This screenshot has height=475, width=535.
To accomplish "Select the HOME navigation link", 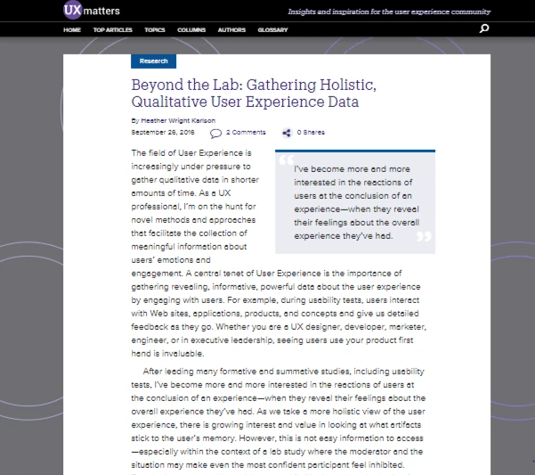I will click(x=72, y=30).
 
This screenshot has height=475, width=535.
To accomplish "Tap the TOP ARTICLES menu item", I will click(x=112, y=30).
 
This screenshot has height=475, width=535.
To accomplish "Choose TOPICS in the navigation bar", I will click(x=154, y=30).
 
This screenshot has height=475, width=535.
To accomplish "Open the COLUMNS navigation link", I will click(x=191, y=30).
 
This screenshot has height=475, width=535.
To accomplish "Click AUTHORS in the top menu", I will click(x=231, y=30).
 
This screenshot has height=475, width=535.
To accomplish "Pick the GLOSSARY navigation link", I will click(x=272, y=30).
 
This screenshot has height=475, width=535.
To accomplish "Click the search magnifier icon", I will click(x=484, y=29).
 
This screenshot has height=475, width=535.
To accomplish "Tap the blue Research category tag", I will click(x=154, y=61).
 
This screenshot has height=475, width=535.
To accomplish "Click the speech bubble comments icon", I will click(x=215, y=134).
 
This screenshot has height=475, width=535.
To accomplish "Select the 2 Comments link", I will click(x=246, y=133).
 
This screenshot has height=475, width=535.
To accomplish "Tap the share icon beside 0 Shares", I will click(x=287, y=133).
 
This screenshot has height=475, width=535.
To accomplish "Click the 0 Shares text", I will click(x=311, y=133).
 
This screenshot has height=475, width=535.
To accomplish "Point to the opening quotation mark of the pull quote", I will click(x=286, y=162).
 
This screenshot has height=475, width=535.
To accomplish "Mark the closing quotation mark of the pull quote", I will click(x=424, y=237).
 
